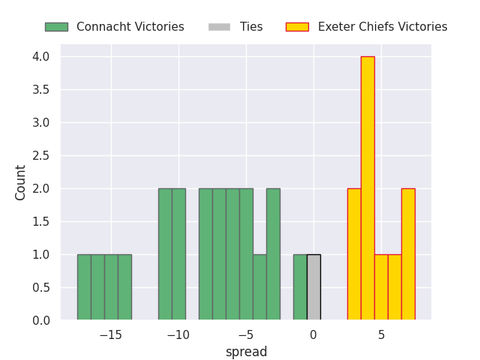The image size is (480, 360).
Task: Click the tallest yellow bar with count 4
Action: pos(367,188)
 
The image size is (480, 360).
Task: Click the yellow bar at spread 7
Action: pos(408,254)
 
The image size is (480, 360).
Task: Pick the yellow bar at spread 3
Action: pos(354,254)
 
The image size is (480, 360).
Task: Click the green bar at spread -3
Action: pos(273,254)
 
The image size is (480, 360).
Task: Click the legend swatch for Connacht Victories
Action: pos(56,27)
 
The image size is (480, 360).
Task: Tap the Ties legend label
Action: pos(251,27)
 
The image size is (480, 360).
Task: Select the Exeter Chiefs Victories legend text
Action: pos(382,27)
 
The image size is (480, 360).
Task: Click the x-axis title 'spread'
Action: pos(246,352)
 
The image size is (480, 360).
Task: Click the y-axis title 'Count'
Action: pos(21,182)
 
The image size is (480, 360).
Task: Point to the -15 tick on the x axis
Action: pos(110,334)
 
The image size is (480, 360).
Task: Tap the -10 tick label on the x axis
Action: pos(178,334)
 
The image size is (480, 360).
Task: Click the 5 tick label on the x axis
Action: pos(381,334)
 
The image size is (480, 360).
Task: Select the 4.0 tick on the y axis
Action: pos(40,57)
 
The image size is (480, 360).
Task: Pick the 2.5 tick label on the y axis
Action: pos(40,156)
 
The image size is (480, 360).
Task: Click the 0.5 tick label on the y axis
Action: pos(40,288)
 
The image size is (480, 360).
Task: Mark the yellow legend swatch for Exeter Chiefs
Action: pos(297,27)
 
